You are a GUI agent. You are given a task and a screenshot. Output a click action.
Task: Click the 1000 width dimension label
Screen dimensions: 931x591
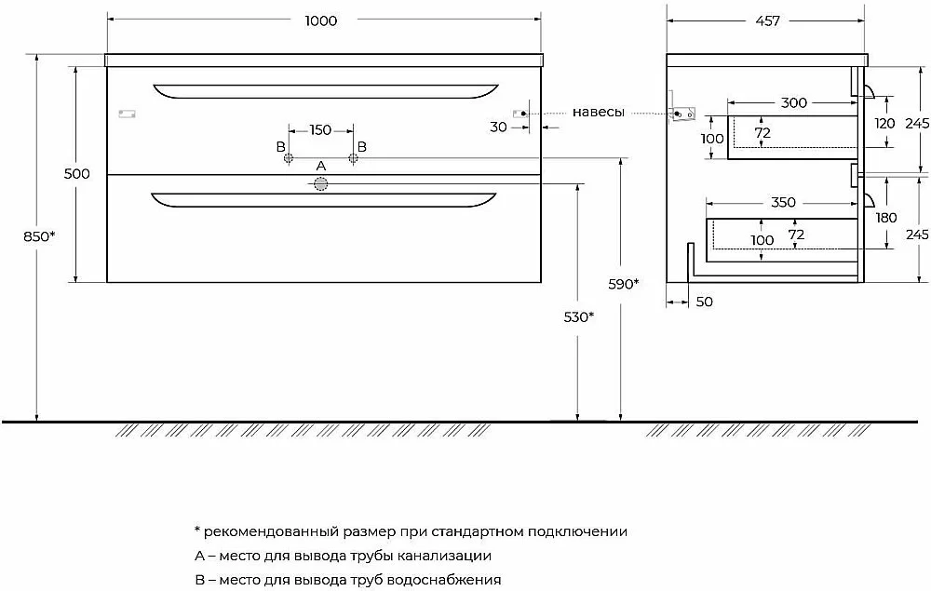pos(320,20)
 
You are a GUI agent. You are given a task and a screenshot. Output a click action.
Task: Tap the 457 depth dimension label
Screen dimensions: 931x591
pos(767,20)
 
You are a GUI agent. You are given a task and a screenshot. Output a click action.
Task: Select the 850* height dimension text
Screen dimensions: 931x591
pos(39,236)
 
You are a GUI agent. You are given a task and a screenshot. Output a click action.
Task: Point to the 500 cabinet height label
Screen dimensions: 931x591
pos(77,173)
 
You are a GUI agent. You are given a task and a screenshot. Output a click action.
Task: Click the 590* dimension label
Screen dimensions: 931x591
pos(624,284)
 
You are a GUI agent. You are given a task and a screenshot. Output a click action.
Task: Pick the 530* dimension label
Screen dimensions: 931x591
pos(579,316)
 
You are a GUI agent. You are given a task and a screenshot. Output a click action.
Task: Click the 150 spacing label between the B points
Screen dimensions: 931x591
pos(320,129)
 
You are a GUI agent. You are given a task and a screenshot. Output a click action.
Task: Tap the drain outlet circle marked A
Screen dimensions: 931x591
pos(320,184)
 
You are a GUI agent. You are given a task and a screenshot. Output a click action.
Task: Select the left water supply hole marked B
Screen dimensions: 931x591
pos(289,158)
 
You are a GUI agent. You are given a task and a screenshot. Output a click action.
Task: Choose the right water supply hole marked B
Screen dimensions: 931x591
pos(353,158)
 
